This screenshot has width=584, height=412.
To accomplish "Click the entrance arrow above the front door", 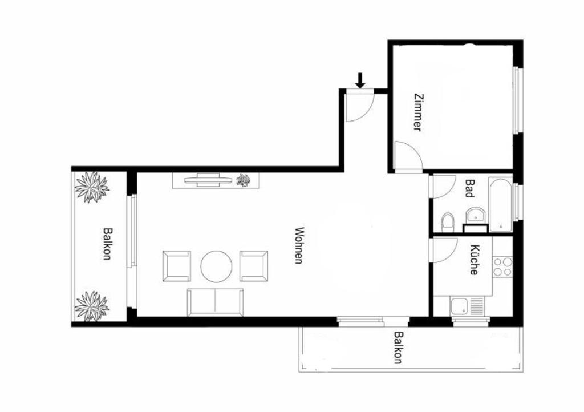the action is tap(360, 80).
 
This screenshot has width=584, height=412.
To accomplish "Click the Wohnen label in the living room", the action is tap(299, 245).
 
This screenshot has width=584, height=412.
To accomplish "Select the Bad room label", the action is tap(470, 188).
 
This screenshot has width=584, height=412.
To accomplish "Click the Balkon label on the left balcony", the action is tap(107, 244).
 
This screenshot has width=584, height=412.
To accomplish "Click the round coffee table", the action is tap(216, 266).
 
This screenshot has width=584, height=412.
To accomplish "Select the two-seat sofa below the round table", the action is tap(216, 302).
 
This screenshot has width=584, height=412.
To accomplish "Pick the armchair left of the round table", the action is tap(177, 266).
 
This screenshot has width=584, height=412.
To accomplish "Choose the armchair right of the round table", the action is tap(254, 266).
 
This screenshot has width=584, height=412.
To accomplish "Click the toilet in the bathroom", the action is tap(447, 223).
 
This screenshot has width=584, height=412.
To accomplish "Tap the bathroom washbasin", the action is tap(476, 215).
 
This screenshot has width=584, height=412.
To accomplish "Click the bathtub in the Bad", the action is tap(501, 205).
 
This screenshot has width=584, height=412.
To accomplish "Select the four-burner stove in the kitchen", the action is tap(502, 266).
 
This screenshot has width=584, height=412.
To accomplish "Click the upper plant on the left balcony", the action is tap(92, 187).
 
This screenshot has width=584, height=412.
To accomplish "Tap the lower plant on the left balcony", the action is tap(92, 306).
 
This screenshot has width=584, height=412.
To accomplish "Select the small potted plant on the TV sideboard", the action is tap(244, 181).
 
